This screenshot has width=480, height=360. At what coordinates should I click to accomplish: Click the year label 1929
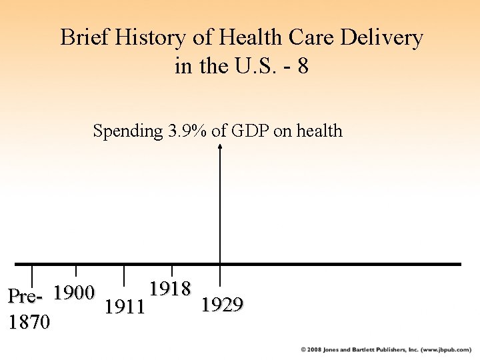222,305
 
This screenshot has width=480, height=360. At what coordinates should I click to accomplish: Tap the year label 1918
171,289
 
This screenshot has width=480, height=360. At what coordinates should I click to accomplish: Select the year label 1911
125,307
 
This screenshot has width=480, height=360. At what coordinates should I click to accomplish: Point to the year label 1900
75,293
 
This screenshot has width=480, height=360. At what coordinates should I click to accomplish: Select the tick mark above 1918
172,271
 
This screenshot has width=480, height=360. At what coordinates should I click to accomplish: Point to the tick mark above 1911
124,275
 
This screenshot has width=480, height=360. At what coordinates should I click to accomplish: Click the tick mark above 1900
76,271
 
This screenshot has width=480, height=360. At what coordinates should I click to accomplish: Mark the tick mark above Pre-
33,275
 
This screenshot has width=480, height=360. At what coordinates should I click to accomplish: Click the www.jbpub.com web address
447,349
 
